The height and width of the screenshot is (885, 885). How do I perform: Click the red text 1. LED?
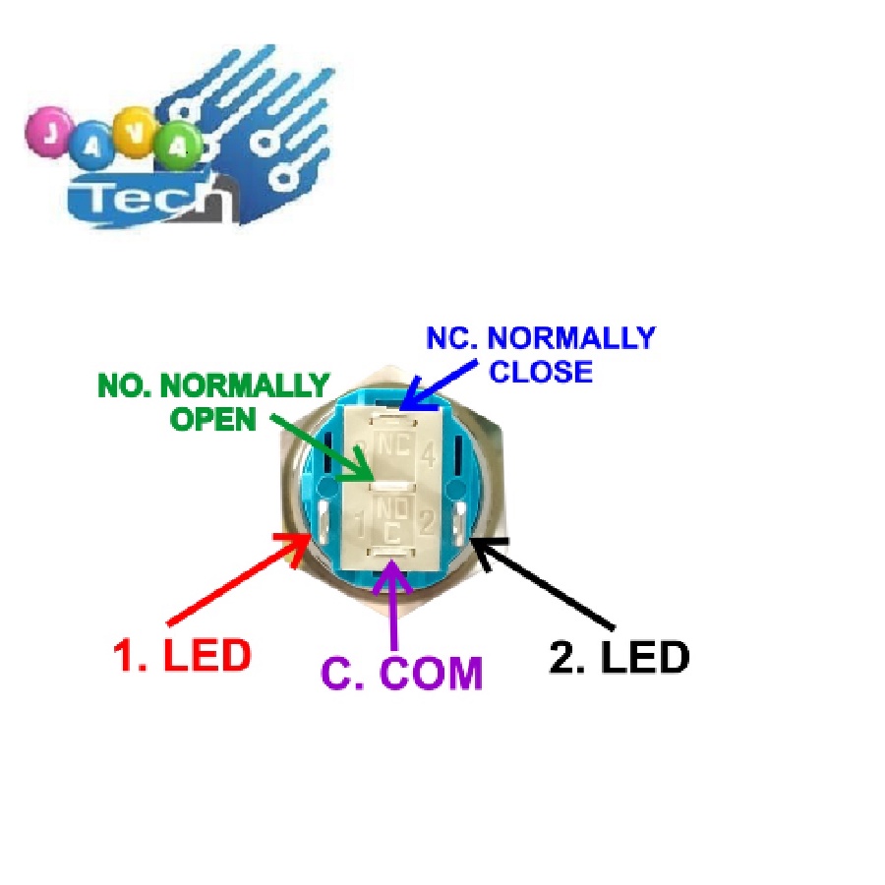click(x=182, y=656)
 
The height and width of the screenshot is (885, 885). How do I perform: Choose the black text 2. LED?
click(x=619, y=658)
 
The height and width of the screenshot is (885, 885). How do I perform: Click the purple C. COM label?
click(x=403, y=674)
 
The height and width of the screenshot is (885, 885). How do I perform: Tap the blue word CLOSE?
click(x=541, y=372)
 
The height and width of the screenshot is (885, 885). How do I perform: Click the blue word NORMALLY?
click(x=571, y=338)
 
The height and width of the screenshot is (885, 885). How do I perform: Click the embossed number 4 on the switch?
click(x=428, y=456)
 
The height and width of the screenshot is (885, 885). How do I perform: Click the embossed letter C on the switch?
click(x=393, y=532)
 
